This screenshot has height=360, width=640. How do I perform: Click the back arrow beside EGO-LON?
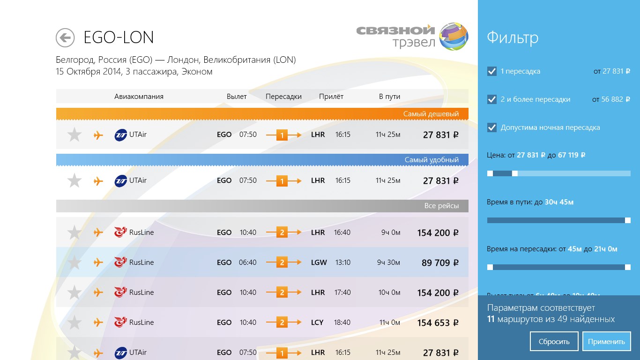tap(65, 37)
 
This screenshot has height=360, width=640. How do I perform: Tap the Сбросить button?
tap(554, 341)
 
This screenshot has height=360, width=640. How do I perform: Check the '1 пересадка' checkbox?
tap(492, 71)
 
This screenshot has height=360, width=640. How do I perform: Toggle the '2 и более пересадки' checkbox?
tap(492, 99)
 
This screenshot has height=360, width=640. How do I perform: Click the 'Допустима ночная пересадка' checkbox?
tap(492, 127)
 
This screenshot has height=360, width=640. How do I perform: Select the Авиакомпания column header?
tap(139, 97)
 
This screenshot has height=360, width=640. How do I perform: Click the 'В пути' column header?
tap(389, 97)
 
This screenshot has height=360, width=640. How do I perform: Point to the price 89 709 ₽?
tap(440, 263)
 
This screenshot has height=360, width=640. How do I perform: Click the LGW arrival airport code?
tap(319, 262)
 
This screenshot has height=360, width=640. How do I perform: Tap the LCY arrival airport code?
tap(317, 322)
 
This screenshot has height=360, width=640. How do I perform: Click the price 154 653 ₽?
tap(438, 323)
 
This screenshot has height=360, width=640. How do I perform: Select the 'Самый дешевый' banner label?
tap(431, 114)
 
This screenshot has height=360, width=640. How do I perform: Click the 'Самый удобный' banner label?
tap(432, 160)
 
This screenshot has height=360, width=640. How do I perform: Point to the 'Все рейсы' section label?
tap(441, 206)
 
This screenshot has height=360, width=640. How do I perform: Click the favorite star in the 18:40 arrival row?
tap(74, 322)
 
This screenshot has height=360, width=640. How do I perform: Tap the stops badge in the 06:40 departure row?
tap(282, 262)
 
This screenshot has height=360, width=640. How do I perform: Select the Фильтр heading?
tap(513, 37)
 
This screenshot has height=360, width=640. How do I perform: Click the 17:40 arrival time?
tap(342, 292)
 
